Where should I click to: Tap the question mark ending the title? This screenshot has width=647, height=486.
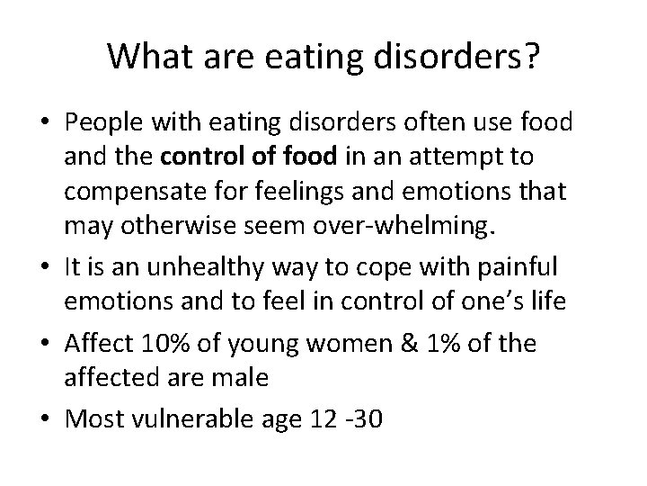[x=530, y=56]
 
